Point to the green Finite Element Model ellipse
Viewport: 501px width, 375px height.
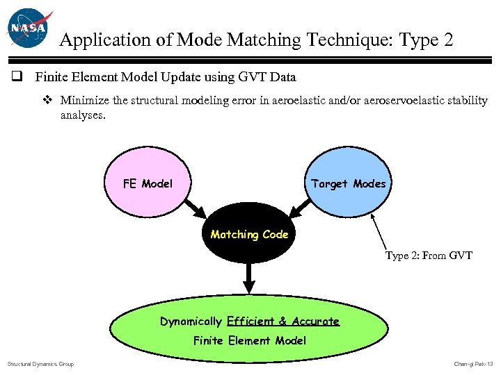(x=249, y=331)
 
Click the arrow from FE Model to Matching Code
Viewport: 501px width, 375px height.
(x=197, y=206)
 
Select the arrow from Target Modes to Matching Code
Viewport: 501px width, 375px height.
(x=301, y=206)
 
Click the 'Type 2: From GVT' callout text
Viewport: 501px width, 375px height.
(x=429, y=256)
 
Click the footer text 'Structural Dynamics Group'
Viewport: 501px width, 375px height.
(x=40, y=364)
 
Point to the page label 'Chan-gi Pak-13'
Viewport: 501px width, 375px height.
(x=472, y=364)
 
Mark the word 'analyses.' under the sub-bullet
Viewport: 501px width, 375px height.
(x=83, y=115)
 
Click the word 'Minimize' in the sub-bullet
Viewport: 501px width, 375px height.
(x=85, y=100)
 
